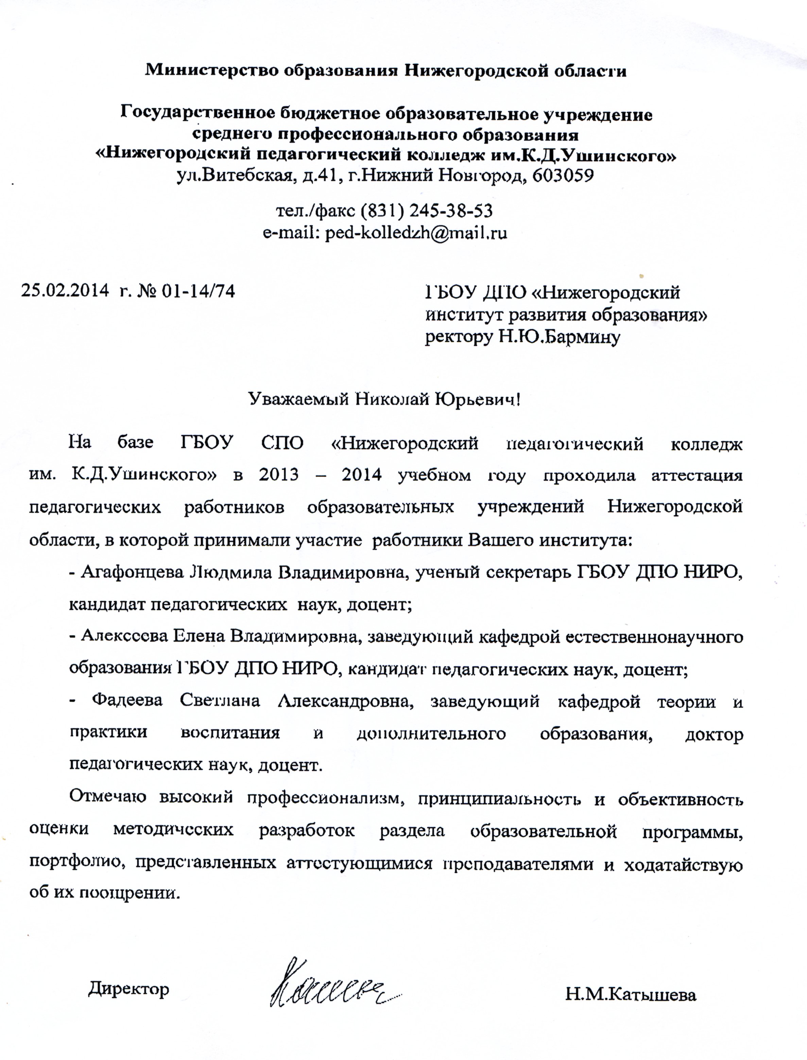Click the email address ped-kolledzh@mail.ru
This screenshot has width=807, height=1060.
416,233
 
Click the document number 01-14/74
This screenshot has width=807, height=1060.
199,291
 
